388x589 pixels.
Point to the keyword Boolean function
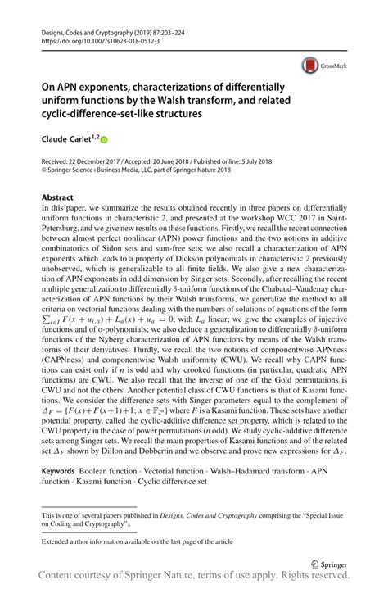tap(107, 473)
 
